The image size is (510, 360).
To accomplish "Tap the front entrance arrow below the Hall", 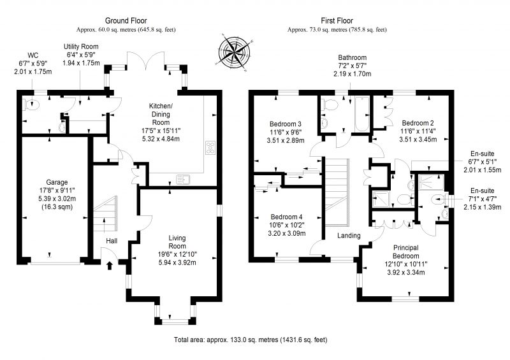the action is click(x=110, y=265).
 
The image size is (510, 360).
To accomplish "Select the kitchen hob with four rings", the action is click(x=210, y=147).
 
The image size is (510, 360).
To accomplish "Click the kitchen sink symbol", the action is click(x=184, y=180).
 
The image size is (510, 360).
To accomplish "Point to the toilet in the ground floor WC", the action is click(x=33, y=104).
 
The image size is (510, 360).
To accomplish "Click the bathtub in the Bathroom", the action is click(x=361, y=114).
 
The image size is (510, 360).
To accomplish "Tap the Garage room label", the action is click(x=57, y=182).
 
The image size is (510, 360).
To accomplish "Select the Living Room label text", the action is click(x=177, y=242).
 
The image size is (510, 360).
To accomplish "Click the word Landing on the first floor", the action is click(x=349, y=236).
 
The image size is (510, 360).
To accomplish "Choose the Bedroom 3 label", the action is click(x=285, y=124).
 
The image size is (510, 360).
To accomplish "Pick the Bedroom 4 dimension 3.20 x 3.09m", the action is click(x=286, y=233).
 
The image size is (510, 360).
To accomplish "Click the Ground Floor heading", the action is click(x=126, y=21).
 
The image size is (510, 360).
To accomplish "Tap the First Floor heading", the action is click(x=337, y=21).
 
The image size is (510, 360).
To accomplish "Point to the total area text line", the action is click(x=251, y=340).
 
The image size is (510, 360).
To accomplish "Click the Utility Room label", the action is click(x=81, y=47).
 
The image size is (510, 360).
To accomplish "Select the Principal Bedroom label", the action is click(x=406, y=252).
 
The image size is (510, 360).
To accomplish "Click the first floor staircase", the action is click(x=337, y=192).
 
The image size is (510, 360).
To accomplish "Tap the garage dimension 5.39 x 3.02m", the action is click(x=57, y=198).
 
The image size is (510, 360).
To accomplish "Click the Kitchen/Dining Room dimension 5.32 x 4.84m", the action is click(x=161, y=139).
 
